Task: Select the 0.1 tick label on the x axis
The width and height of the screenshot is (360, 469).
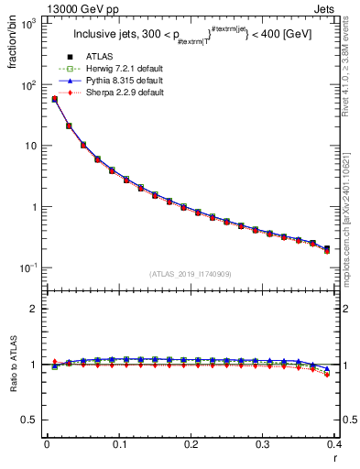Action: [x=118, y=444]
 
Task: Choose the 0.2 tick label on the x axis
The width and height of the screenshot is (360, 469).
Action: [x=191, y=444]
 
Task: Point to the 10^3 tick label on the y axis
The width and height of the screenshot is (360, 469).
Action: [x=29, y=24]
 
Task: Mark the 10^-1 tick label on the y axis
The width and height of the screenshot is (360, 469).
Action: [x=29, y=267]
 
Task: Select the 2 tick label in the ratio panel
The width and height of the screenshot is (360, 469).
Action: [x=36, y=309]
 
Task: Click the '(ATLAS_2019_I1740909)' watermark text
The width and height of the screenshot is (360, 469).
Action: [x=191, y=273]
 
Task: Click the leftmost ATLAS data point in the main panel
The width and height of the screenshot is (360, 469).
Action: [x=55, y=99]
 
